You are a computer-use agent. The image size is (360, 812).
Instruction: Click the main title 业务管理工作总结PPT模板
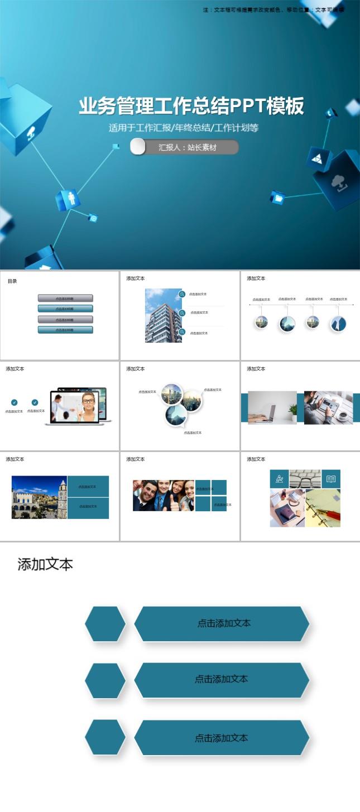click(191, 106)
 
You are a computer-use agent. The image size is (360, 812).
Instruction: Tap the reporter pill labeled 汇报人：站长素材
click(185, 147)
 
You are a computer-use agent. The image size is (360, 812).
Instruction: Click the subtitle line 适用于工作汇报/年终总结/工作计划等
click(184, 128)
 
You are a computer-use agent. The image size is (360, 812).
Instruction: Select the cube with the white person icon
click(68, 199)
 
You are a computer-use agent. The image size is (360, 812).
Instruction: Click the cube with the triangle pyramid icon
click(318, 158)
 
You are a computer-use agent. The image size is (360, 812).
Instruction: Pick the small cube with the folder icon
click(277, 198)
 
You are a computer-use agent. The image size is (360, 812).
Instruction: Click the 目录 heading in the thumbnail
click(12, 281)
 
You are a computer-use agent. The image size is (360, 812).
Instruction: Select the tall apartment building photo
click(163, 315)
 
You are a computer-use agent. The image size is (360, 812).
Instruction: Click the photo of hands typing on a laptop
click(272, 407)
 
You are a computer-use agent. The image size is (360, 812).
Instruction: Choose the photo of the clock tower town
click(39, 497)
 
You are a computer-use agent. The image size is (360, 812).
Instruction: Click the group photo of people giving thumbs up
click(163, 495)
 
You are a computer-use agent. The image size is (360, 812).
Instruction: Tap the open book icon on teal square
click(331, 479)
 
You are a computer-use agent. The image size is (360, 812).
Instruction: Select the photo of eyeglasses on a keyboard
click(305, 478)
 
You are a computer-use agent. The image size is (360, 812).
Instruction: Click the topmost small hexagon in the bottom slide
click(105, 624)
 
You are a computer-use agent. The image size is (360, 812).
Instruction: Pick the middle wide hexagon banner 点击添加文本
click(222, 680)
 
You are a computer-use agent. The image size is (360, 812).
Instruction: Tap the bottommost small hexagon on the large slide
click(105, 738)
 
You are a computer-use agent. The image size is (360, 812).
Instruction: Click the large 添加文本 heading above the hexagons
click(45, 564)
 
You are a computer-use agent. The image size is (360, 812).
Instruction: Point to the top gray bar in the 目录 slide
click(65, 299)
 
